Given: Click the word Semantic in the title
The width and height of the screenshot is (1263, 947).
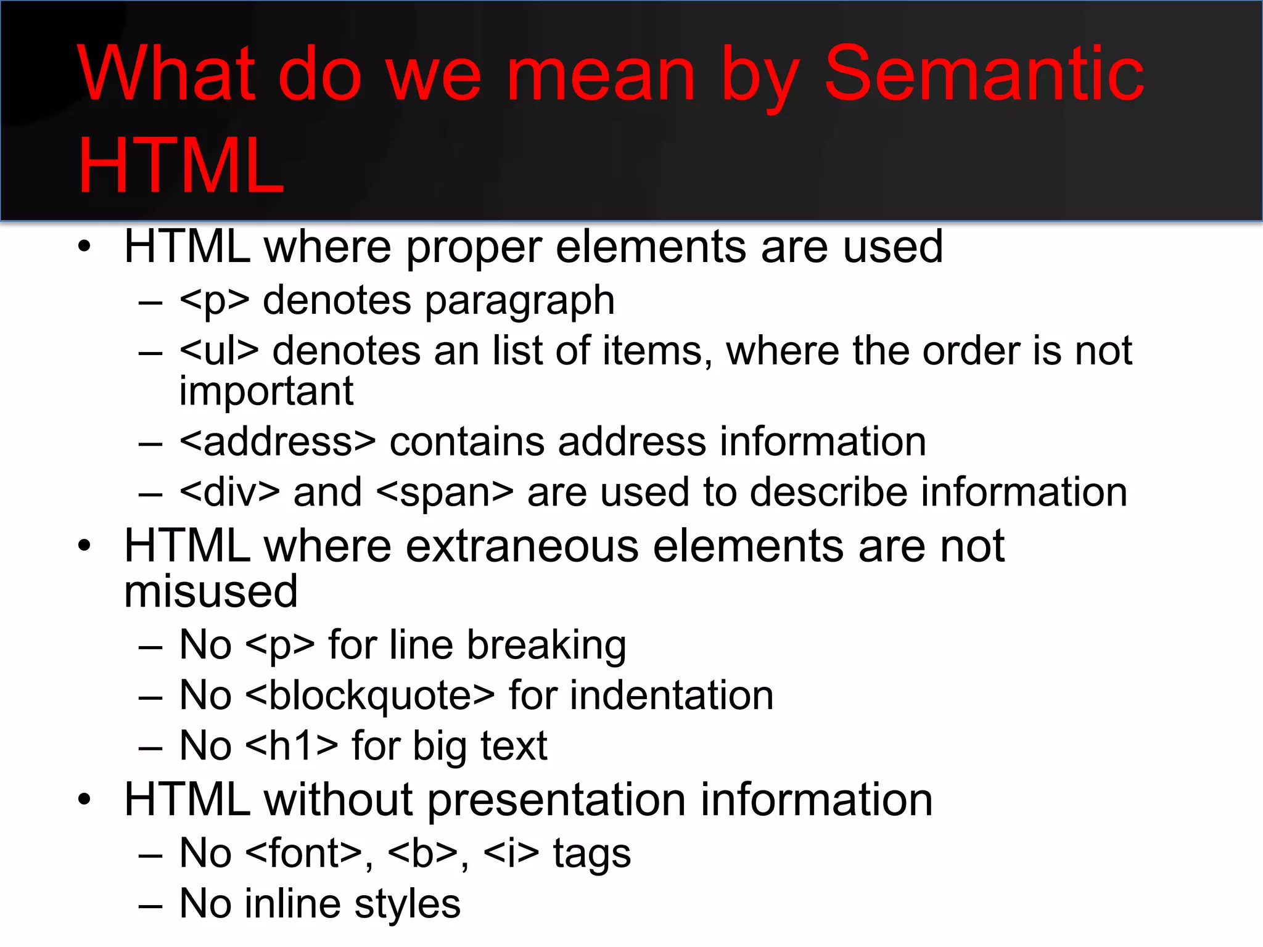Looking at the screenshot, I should [984, 74].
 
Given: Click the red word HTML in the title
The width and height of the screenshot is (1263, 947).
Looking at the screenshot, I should [181, 165].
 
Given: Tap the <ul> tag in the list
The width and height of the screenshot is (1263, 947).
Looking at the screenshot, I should [219, 351].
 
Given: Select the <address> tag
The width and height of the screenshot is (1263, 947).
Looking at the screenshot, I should [277, 441].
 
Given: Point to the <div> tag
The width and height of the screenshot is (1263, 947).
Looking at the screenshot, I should [229, 492].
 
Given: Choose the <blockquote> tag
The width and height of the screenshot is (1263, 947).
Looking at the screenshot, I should [369, 695].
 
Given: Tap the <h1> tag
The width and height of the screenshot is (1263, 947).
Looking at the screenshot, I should [292, 745].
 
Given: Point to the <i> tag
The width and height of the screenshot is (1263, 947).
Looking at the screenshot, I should [511, 853].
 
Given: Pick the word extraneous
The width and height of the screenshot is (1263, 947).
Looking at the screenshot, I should [522, 546].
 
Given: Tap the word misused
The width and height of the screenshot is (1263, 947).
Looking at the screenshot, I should [211, 591].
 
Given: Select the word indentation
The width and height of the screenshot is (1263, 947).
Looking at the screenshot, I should [671, 695].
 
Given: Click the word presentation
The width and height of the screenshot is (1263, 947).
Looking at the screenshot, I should [556, 800].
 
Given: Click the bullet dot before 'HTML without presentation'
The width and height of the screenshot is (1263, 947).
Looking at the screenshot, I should [84, 800].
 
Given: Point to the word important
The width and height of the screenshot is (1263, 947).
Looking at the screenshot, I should [266, 392].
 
